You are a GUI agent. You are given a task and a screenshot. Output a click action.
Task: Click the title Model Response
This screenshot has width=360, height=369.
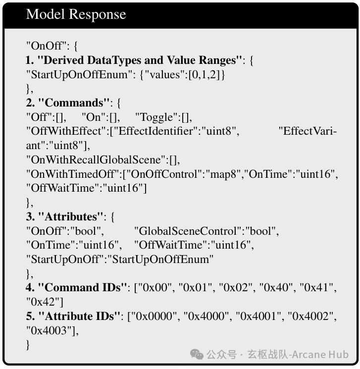[76, 14]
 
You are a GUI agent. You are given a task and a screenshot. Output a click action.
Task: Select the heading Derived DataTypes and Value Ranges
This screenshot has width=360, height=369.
[140, 60]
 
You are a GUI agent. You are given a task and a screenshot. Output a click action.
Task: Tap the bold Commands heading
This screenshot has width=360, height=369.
[74, 103]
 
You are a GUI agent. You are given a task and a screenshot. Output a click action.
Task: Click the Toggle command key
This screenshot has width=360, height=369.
[156, 117]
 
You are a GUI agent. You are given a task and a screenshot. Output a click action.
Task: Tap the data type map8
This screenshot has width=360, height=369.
[223, 175]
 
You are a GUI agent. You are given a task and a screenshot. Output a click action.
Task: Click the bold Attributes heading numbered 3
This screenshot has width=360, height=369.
[71, 217]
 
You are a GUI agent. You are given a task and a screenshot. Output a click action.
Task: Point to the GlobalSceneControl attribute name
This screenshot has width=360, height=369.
[188, 231]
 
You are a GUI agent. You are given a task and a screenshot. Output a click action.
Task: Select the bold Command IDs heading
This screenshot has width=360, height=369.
[82, 288]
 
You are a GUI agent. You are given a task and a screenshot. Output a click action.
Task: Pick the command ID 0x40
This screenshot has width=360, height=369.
[274, 288]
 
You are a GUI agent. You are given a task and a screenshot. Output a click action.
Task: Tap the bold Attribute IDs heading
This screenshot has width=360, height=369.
[79, 316]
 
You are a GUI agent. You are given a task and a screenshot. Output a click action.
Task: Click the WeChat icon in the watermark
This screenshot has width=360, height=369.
[197, 355]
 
